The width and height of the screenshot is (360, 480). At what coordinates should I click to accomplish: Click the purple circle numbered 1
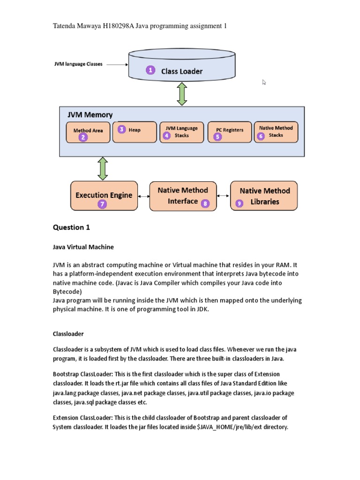click(x=150, y=70)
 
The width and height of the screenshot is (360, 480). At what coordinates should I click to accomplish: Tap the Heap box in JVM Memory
click(x=135, y=132)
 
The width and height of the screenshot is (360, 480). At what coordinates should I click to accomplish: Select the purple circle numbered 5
click(x=217, y=137)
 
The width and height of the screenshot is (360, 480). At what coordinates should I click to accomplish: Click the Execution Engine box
click(x=104, y=195)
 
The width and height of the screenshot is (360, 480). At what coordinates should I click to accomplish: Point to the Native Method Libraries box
click(x=264, y=196)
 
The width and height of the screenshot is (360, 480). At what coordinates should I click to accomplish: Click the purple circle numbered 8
click(x=205, y=203)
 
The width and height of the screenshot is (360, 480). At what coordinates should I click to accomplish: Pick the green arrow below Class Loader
click(x=182, y=93)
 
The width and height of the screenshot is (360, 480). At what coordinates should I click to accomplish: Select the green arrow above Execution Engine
click(x=103, y=168)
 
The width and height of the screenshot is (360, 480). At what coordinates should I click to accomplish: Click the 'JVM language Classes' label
click(x=78, y=64)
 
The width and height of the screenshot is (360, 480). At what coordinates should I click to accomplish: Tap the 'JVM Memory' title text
click(x=90, y=115)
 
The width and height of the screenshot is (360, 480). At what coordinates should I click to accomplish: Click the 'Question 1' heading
click(x=71, y=228)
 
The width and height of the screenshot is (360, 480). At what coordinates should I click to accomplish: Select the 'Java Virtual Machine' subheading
click(x=83, y=247)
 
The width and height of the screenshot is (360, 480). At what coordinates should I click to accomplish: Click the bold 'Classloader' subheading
click(x=67, y=334)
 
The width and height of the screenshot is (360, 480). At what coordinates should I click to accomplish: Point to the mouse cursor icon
click(x=264, y=82)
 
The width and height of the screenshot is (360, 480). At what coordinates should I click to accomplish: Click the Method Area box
click(x=88, y=132)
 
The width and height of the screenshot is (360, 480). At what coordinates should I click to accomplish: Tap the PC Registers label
click(x=230, y=130)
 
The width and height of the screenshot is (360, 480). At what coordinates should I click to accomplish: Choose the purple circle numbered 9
click(x=240, y=203)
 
